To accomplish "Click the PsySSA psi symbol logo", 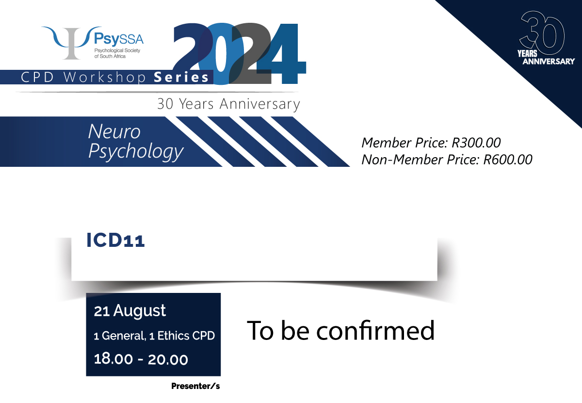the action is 71,43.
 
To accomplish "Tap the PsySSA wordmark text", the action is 119,39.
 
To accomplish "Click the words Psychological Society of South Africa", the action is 117,53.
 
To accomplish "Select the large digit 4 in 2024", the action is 281,53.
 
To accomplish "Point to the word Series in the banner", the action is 181,77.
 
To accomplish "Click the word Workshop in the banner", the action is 105,78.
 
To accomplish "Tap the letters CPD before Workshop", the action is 37,77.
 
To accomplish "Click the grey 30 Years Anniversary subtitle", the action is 228,104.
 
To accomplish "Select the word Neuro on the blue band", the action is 114,131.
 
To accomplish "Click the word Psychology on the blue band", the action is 136,151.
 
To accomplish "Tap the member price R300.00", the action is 476,143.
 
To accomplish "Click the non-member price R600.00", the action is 508,159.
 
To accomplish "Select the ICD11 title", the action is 115,240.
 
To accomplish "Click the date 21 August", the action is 129,311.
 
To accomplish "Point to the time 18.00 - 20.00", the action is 141,359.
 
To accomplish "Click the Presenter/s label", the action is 195,386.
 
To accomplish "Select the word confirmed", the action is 375,331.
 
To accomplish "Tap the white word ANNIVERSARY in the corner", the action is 549,61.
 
